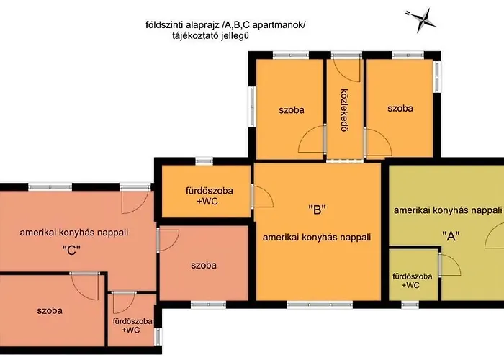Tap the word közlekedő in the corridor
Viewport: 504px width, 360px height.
(345, 110)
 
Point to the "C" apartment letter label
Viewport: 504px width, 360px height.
(71, 250)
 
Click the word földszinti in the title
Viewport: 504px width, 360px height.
(161, 24)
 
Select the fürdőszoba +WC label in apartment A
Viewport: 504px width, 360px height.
(412, 281)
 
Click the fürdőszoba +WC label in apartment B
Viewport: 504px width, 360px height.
(210, 196)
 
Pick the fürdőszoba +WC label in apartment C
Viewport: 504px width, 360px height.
(132, 325)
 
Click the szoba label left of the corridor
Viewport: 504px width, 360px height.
(291, 110)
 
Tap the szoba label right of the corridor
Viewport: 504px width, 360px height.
(400, 108)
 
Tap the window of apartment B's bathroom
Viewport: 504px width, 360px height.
(204, 161)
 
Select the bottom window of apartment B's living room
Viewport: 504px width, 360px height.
(320, 305)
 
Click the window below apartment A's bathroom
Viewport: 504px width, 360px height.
(410, 305)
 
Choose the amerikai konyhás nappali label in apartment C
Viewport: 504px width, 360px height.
(74, 233)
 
